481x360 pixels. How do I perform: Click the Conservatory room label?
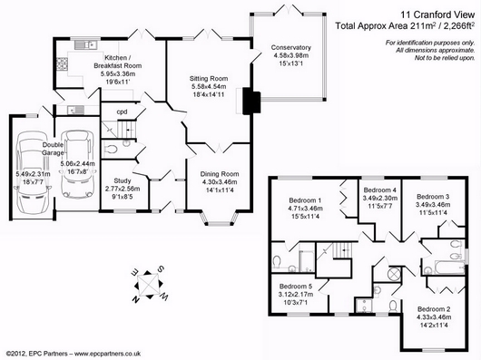(290, 47)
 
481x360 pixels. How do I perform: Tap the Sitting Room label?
(209, 78)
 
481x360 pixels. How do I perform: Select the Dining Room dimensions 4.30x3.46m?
(220, 182)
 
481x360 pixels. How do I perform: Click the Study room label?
(123, 180)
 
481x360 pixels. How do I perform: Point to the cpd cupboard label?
(122, 112)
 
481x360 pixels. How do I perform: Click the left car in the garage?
(34, 173)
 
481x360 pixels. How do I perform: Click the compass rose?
(149, 285)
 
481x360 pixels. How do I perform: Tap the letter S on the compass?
(161, 269)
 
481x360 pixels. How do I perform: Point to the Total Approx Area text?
(406, 25)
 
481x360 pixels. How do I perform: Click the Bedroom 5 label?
(296, 287)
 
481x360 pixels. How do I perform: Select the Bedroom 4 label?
(379, 190)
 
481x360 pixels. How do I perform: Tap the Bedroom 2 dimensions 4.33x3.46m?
(434, 317)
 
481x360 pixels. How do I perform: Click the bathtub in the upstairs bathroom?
(450, 268)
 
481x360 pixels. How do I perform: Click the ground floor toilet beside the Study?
(111, 150)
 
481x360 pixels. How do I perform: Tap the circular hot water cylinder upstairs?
(394, 273)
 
